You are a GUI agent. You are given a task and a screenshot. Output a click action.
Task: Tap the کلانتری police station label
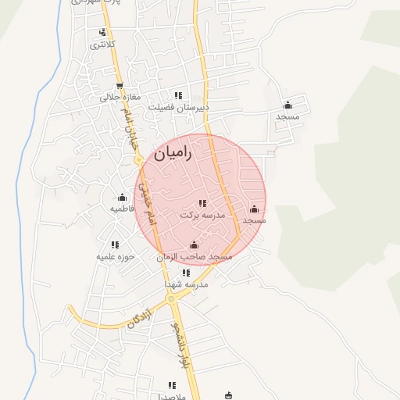click(102, 45)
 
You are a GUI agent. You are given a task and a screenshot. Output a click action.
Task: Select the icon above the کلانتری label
click(102, 33)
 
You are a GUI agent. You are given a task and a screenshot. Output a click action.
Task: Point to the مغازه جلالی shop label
click(120, 98)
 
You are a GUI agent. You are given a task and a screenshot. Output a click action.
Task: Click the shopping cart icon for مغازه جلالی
click(120, 87)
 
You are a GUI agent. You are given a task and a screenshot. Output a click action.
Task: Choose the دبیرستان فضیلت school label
click(180, 108)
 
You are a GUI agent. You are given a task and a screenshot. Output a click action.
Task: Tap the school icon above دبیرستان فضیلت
click(178, 96)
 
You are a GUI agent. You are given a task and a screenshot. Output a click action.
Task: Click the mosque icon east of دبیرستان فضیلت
click(287, 105)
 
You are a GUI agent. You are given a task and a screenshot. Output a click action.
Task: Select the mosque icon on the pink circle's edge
click(254, 209)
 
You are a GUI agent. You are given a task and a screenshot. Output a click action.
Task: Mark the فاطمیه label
click(122, 209)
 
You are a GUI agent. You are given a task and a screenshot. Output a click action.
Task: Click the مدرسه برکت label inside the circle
click(202, 214)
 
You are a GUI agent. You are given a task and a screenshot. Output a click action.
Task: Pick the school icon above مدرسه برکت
click(202, 203)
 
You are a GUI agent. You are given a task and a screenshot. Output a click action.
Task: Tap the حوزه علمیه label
click(116, 256)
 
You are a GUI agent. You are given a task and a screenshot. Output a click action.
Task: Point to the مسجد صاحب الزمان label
click(195, 256)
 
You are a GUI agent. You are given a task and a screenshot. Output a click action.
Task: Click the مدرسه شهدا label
click(186, 284)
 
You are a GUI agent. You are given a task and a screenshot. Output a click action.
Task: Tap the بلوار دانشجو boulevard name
click(182, 345)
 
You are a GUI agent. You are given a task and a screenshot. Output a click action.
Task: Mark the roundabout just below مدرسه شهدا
click(171, 298)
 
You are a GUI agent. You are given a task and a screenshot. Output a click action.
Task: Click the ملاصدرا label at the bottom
click(170, 395)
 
